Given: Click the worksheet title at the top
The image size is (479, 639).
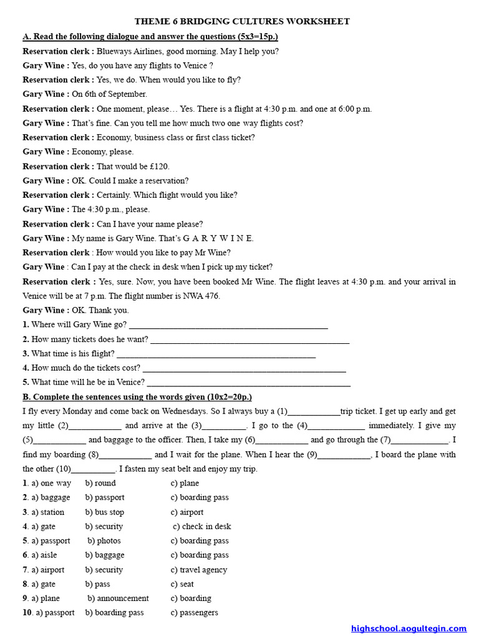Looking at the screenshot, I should pos(242,22).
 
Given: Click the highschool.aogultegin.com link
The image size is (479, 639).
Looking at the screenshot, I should pos(409,628).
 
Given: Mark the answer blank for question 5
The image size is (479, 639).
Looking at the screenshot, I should pos(249,383).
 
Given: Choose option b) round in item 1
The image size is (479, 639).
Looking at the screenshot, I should pos(101,483).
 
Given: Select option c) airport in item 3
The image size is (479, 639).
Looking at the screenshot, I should pos(187,512).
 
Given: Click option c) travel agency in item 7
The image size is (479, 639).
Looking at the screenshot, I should pos(199,570).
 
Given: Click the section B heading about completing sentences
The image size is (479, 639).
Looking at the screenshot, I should pos(137,397).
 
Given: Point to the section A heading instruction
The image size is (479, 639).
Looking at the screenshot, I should pos(150,37).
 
